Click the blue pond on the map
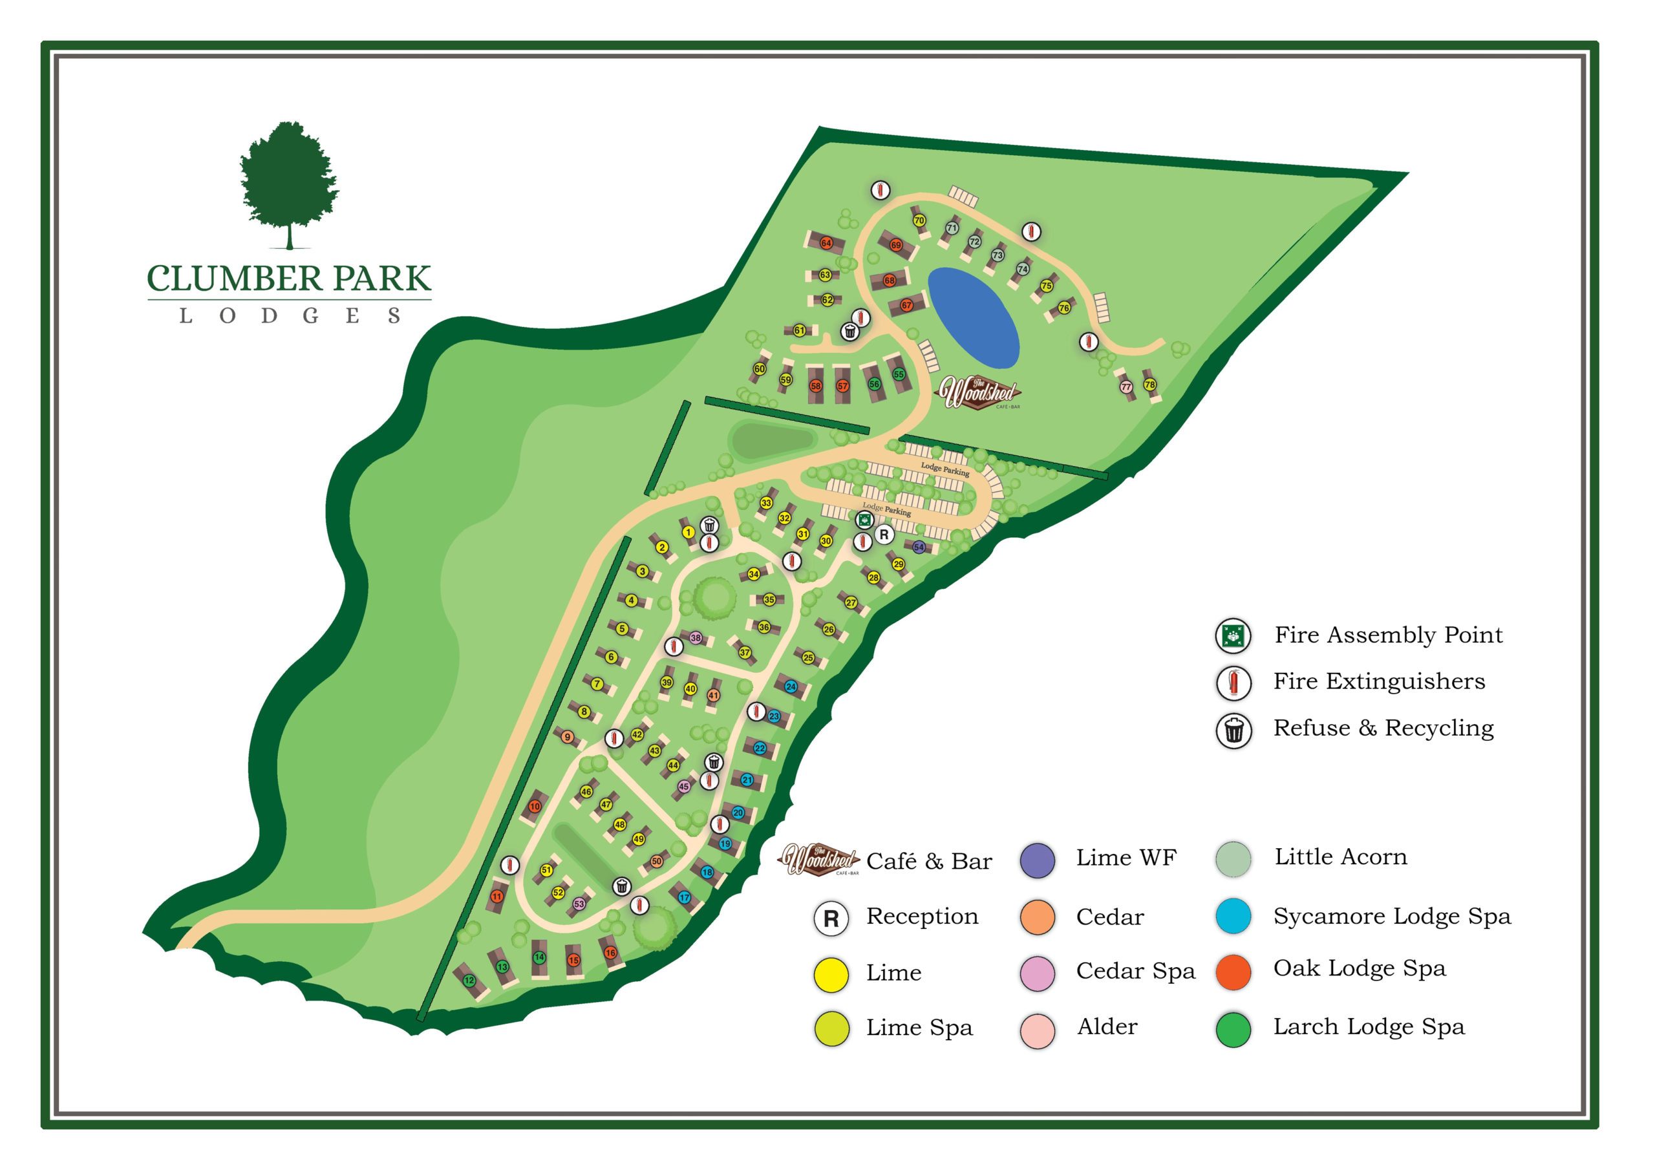tap(972, 317)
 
